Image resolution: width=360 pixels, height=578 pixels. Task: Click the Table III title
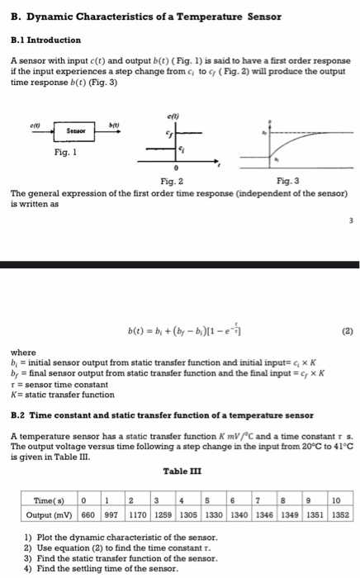click(x=178, y=471)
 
